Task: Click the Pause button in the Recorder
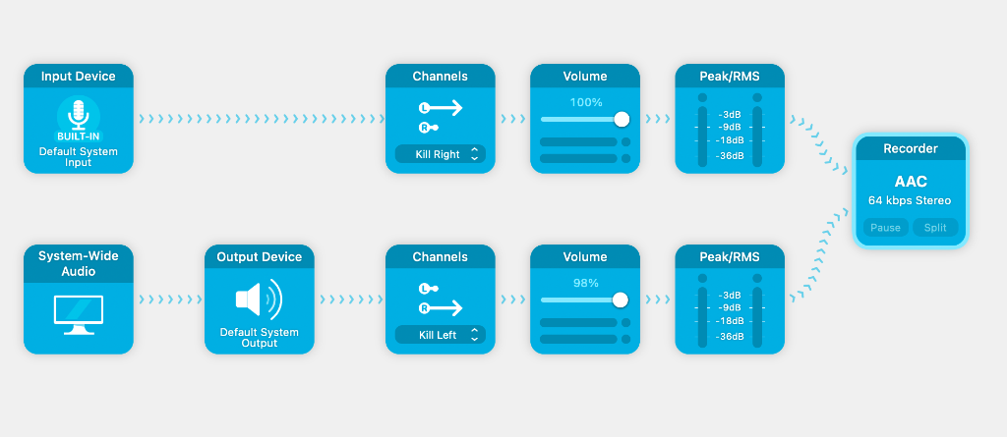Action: [x=886, y=228]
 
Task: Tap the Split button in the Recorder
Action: [x=935, y=228]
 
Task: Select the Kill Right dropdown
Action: [x=440, y=154]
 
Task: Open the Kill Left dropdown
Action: [x=440, y=335]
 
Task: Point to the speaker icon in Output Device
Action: [x=259, y=300]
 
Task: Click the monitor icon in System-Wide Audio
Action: [x=79, y=314]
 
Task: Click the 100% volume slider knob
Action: [x=622, y=120]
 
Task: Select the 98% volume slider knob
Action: [x=620, y=300]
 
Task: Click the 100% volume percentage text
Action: [x=586, y=102]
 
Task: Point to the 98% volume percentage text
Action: [x=586, y=283]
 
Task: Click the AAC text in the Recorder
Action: [x=911, y=182]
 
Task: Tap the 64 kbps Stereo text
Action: [x=910, y=201]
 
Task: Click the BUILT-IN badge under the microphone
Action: [x=79, y=137]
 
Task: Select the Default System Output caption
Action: [x=260, y=338]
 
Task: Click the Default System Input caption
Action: [x=79, y=157]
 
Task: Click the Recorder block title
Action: [x=911, y=149]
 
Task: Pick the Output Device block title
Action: [x=260, y=256]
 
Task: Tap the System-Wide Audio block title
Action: [x=79, y=264]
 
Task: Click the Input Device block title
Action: [x=79, y=77]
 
